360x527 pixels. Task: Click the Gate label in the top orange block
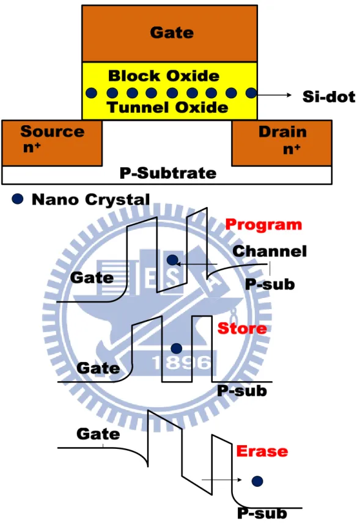click(172, 32)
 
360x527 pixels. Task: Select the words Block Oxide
click(164, 76)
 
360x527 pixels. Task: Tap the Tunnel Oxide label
click(167, 107)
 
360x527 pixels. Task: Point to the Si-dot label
click(329, 96)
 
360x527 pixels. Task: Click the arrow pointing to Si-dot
click(274, 95)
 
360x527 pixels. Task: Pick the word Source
click(52, 131)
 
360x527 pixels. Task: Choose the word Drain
click(282, 131)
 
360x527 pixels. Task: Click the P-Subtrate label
click(168, 173)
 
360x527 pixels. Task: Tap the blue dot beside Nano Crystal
click(18, 199)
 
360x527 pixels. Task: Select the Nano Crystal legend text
click(91, 199)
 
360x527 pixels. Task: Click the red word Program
click(263, 225)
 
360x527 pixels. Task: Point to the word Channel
click(270, 251)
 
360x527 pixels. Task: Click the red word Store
click(242, 328)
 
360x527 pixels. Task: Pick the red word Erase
click(262, 451)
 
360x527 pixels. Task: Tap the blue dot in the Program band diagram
click(172, 260)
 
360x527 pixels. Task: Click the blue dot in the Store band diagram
click(177, 349)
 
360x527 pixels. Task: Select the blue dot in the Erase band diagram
click(257, 481)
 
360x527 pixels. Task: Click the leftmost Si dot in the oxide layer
click(91, 93)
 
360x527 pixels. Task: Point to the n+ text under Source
click(32, 147)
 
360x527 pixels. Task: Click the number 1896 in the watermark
click(182, 362)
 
